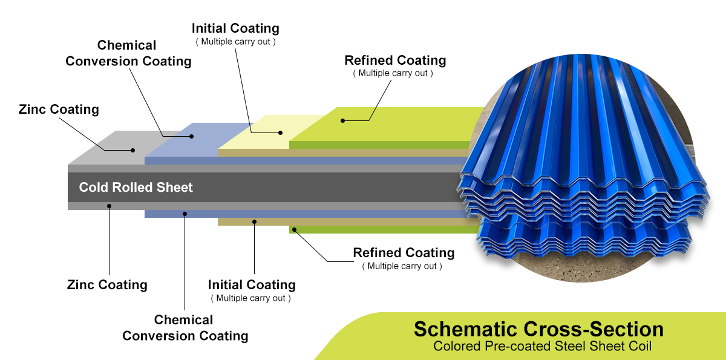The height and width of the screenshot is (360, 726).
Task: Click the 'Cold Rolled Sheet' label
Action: click(x=136, y=187)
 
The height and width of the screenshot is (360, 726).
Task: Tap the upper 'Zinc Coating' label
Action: click(x=59, y=110)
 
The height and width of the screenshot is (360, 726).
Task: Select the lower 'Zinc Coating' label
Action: click(x=107, y=284)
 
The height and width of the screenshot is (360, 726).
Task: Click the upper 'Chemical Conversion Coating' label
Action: click(x=128, y=53)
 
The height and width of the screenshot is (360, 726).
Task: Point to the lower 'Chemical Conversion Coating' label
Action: click(x=185, y=327)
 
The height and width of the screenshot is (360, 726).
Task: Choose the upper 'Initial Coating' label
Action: click(x=235, y=28)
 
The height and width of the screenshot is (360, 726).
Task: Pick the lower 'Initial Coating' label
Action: click(x=252, y=284)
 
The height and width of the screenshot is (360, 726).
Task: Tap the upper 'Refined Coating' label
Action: click(x=395, y=61)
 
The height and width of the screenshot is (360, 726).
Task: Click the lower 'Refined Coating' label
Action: click(x=404, y=253)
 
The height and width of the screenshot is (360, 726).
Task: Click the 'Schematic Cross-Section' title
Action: click(x=538, y=329)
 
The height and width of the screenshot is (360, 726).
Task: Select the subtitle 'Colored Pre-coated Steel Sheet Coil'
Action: click(x=538, y=347)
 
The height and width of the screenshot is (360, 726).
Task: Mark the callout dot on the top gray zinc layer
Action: click(x=133, y=149)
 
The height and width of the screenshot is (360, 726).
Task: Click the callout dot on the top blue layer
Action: click(x=192, y=136)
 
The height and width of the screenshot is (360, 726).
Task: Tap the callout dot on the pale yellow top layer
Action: click(x=280, y=132)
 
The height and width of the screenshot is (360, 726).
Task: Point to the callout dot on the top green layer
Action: click(x=342, y=120)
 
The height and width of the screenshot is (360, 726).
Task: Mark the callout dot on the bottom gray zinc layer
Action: click(x=110, y=206)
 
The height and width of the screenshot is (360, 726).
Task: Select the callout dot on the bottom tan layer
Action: click(x=255, y=221)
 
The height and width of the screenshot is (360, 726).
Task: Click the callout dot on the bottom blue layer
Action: click(x=185, y=213)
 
